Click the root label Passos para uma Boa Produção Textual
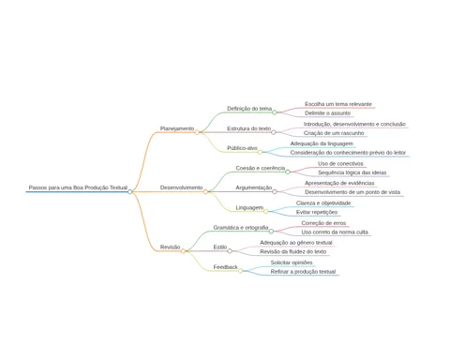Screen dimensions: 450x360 [x=78, y=187]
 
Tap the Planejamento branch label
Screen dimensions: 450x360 [x=177, y=128]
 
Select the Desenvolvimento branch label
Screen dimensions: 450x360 [x=181, y=187]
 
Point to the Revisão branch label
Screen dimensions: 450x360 [x=170, y=247]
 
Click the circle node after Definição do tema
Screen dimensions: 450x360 [x=275, y=112]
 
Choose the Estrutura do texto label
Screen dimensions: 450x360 [x=249, y=128]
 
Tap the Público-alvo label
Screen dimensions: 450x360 [x=242, y=148]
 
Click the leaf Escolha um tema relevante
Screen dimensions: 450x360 [x=338, y=104]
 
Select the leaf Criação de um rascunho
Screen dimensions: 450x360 [x=334, y=133]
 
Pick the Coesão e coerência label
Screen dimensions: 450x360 [x=261, y=168]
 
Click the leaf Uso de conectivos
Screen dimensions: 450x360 [x=340, y=163]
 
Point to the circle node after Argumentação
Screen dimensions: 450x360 [x=275, y=191]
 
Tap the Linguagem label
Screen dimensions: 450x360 [x=249, y=208]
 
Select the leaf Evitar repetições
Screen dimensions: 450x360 [x=317, y=212]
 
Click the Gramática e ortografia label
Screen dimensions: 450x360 [x=241, y=228]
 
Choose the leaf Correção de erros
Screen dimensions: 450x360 [x=323, y=223]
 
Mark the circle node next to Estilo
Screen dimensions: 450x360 [x=230, y=251]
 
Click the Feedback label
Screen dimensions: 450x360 [x=226, y=267]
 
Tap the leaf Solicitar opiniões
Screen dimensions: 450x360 [x=292, y=262]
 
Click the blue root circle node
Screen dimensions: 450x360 [x=130, y=191]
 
